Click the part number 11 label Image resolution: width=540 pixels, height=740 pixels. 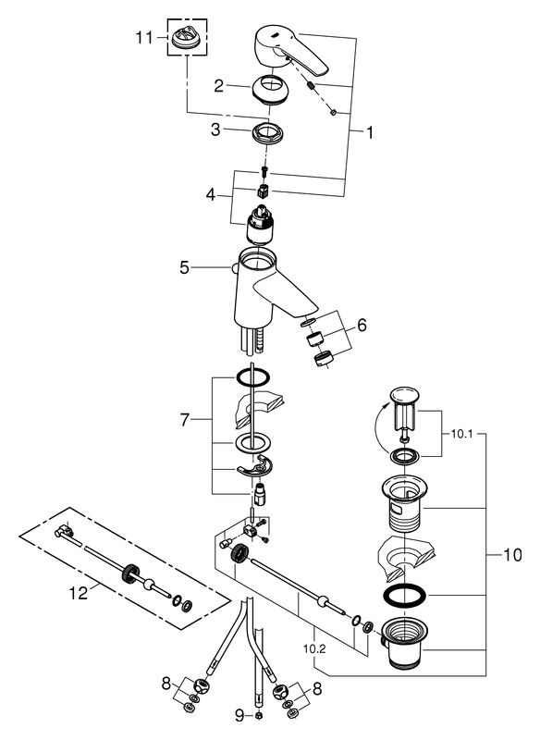[144, 37]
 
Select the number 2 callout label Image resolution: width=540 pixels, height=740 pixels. [218, 86]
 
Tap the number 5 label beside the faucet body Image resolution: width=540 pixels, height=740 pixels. [184, 267]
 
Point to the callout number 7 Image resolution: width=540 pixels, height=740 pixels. [185, 420]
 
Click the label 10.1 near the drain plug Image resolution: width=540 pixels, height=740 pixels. [461, 435]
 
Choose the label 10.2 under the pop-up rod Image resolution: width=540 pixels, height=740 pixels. [314, 649]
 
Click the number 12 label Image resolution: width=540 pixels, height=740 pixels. [79, 593]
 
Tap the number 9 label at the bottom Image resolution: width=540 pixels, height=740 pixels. [239, 717]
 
